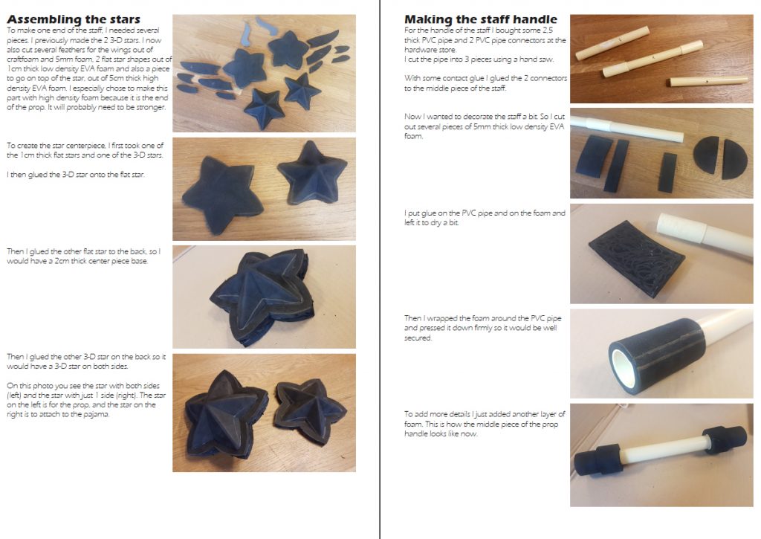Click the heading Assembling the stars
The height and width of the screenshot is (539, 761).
tap(74, 19)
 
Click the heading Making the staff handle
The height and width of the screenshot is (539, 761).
tap(481, 19)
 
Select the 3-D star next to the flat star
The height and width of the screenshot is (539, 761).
tap(311, 173)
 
